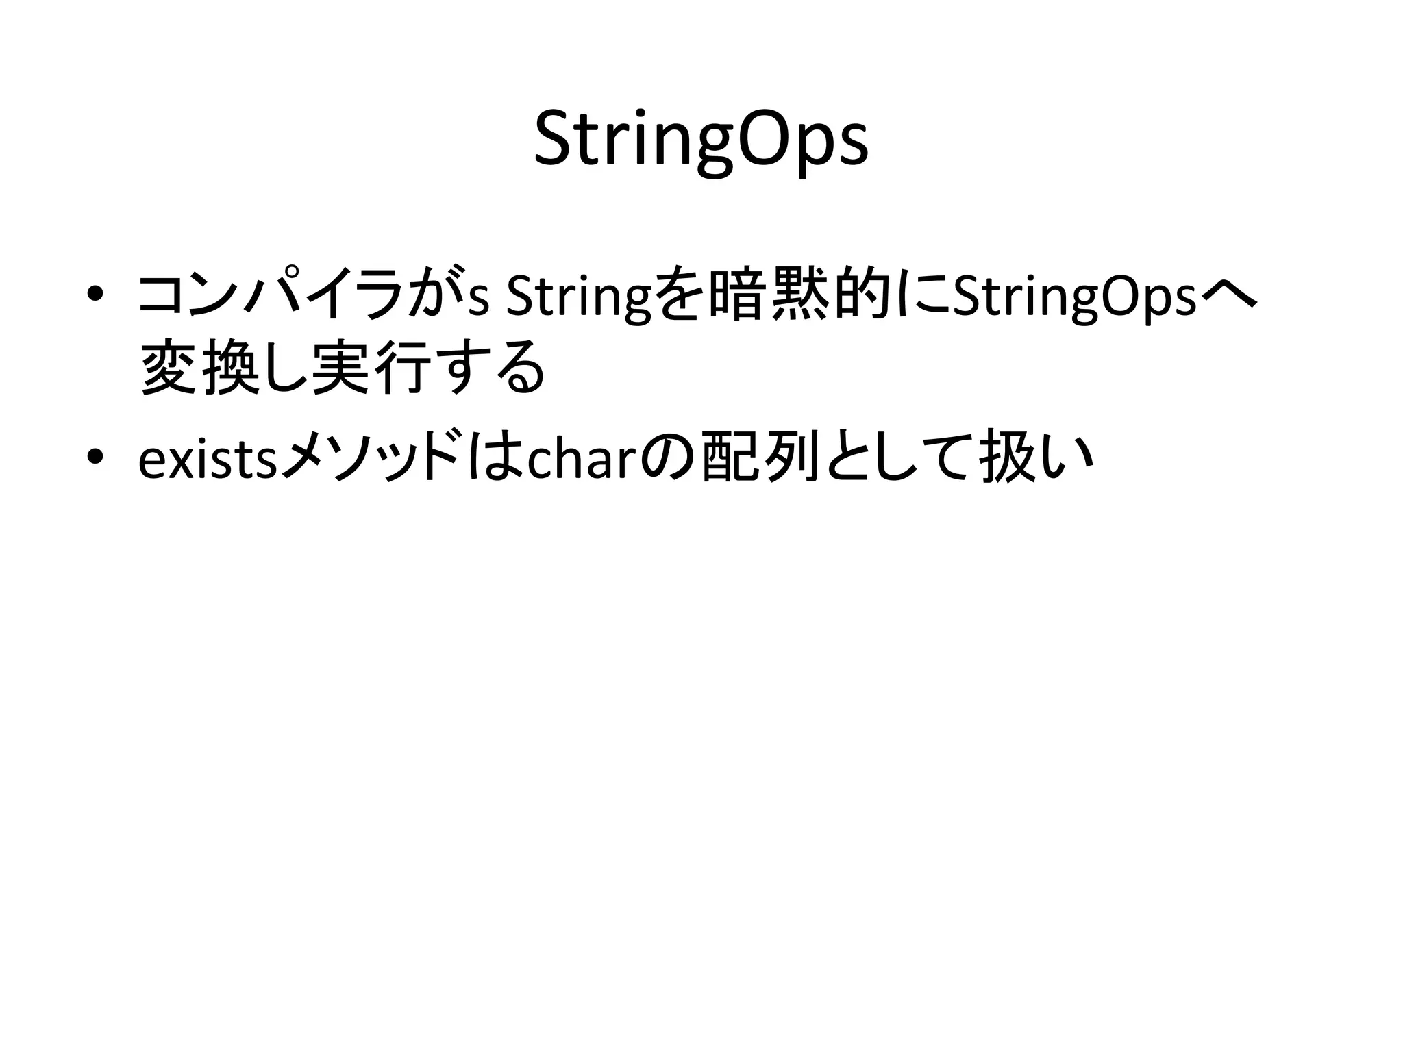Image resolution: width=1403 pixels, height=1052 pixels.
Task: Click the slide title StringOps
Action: point(701,140)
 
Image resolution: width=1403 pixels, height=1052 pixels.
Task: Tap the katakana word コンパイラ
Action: point(269,296)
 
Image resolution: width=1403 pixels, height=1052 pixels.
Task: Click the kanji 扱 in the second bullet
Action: point(1005,458)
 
